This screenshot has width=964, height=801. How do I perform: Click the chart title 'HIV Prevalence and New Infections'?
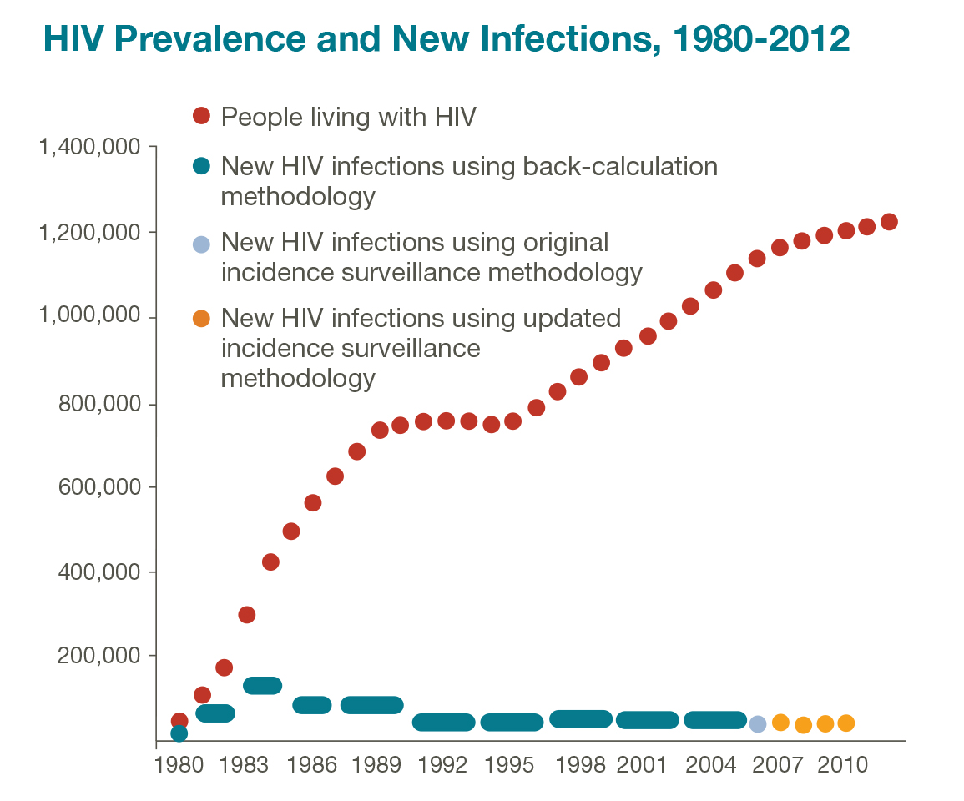click(347, 38)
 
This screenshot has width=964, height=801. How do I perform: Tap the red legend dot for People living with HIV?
click(201, 116)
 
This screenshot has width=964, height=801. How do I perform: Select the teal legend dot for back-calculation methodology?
click(201, 166)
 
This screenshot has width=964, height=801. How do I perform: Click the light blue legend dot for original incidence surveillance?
click(201, 244)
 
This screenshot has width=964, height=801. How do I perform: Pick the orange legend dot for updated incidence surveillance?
click(201, 319)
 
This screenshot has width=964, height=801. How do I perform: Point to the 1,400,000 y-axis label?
click(90, 148)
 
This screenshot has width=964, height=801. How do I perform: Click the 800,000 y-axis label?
click(99, 404)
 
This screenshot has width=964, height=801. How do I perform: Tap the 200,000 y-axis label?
click(99, 656)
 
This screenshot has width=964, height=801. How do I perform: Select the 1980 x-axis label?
click(179, 765)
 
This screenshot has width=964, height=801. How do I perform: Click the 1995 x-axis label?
click(509, 765)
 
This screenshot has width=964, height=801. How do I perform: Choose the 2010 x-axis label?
click(842, 765)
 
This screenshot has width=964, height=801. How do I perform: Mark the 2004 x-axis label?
click(710, 765)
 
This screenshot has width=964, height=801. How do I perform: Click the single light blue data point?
click(758, 723)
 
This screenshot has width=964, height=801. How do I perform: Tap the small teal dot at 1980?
click(179, 733)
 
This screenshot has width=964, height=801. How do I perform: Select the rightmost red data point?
click(889, 222)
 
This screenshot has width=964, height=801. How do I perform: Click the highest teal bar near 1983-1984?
click(263, 685)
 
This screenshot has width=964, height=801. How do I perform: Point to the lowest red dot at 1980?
click(179, 720)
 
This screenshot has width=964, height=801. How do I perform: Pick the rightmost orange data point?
click(846, 723)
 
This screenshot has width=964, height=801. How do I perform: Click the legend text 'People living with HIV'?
click(349, 118)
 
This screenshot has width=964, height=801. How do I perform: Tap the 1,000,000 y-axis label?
click(90, 315)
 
